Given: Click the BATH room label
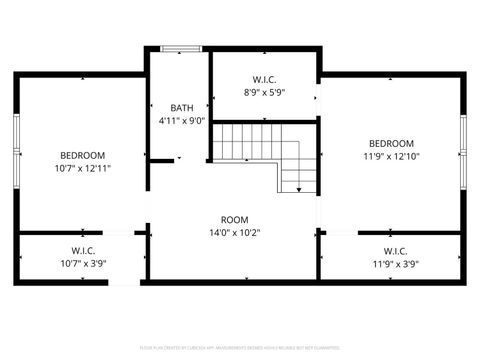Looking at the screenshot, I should click(181, 108).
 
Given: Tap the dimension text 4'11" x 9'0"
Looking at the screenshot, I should click(181, 121).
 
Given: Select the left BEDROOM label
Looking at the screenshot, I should click(83, 155).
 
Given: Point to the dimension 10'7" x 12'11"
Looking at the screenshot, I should click(83, 168).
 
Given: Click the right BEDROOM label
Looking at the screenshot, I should click(391, 143).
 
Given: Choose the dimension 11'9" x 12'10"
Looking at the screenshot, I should click(391, 156).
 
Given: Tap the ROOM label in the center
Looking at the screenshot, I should click(234, 219).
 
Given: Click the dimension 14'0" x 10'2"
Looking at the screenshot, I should click(234, 232).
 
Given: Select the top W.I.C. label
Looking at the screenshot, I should click(264, 78).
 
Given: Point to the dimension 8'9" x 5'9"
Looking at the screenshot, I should click(264, 91).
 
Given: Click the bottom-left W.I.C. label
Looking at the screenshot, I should click(83, 250).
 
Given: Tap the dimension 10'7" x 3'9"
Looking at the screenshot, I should click(83, 263).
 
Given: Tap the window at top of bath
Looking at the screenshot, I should click(181, 48).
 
